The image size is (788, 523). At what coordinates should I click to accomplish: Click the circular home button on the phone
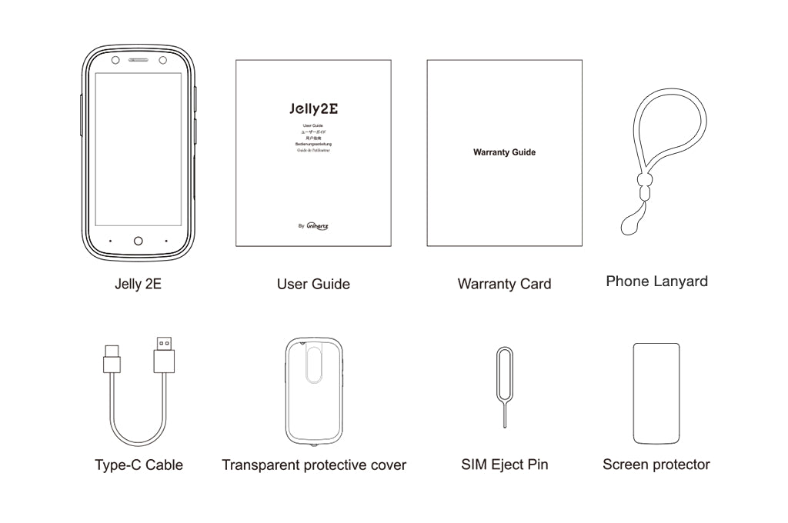tap(139, 241)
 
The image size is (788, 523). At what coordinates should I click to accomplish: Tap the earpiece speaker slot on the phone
tap(139, 60)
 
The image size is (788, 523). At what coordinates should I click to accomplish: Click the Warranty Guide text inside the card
tap(504, 152)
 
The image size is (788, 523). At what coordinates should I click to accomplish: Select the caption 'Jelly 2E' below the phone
tap(138, 284)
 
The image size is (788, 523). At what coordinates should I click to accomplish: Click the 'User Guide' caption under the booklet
tap(313, 284)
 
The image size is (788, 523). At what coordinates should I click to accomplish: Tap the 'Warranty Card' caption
tap(504, 284)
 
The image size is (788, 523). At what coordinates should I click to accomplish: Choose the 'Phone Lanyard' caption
tap(656, 281)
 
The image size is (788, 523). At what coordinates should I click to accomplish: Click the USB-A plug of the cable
tap(164, 355)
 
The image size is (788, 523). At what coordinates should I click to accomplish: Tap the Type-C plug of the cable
tap(112, 358)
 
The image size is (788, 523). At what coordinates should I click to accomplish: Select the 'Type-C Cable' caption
tap(139, 465)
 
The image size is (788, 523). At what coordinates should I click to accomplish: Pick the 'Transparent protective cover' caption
tap(314, 465)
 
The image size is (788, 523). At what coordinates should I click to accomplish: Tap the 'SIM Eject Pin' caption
tap(504, 465)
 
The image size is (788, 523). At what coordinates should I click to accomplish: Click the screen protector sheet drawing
tap(656, 391)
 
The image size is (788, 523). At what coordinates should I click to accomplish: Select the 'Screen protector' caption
tap(656, 465)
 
